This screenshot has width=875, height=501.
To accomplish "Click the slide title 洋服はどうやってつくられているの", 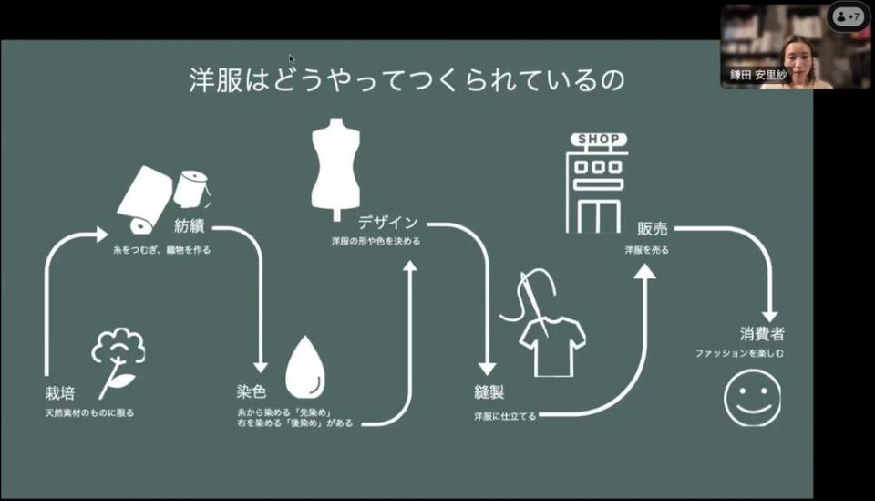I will (x=407, y=80).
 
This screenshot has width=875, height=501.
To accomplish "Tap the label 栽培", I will (x=59, y=392).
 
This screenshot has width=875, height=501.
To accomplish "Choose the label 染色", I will (x=252, y=392).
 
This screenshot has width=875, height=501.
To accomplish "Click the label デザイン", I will (x=388, y=223).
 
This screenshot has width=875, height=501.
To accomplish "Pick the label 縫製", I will (x=489, y=393).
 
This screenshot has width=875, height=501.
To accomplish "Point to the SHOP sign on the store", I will (x=599, y=140).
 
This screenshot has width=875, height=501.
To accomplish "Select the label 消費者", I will (x=762, y=334).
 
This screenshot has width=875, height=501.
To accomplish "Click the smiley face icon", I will (x=752, y=398).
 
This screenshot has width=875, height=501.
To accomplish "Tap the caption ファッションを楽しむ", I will (x=739, y=353).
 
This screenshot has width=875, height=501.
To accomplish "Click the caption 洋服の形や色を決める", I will (x=376, y=243).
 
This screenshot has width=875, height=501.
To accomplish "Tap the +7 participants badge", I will (x=848, y=17).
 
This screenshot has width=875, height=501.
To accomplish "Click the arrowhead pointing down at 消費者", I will (x=769, y=313).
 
